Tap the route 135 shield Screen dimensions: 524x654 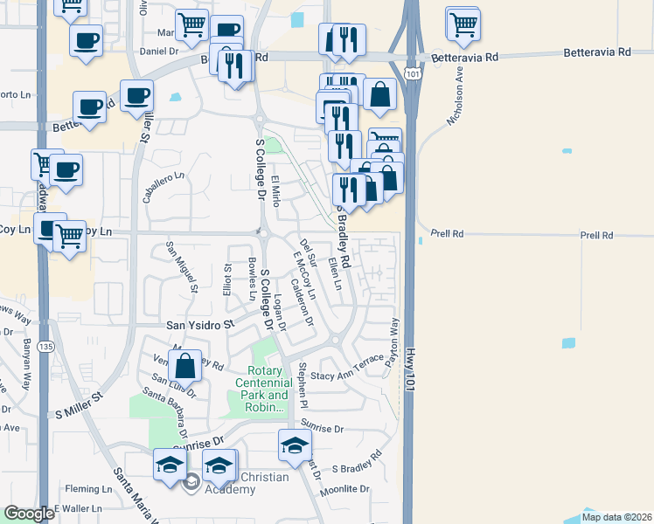(x=45, y=346)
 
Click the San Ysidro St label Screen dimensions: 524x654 (x=201, y=324)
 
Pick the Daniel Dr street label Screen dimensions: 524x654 (x=159, y=52)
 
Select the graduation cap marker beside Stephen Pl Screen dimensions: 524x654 (x=296, y=445)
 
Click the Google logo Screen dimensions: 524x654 (x=29, y=514)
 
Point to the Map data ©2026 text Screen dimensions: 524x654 (x=616, y=517)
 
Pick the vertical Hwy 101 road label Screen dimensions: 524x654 (x=414, y=369)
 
